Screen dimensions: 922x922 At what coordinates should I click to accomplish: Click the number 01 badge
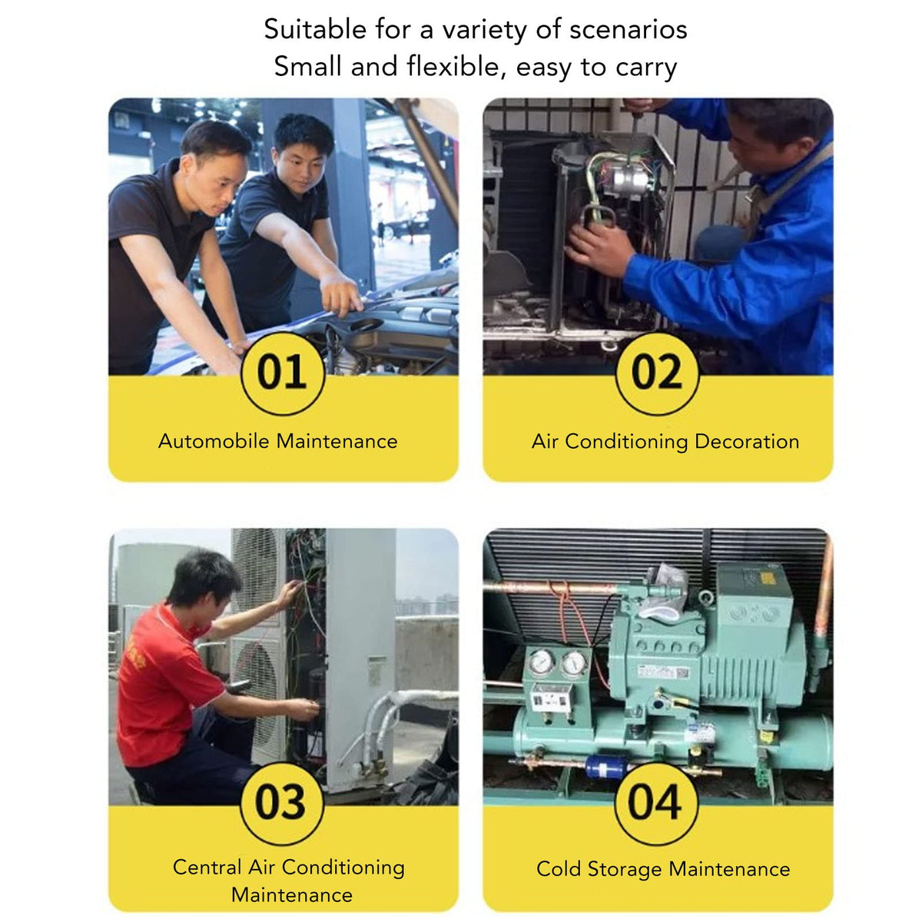point(283,373)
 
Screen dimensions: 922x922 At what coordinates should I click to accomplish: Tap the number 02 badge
point(657,373)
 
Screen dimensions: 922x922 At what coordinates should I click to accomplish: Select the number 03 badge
point(282,803)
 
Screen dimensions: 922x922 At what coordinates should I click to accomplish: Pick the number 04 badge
point(656,803)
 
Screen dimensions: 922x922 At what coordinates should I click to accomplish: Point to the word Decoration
point(747,441)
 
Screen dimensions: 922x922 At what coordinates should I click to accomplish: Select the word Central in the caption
point(207,867)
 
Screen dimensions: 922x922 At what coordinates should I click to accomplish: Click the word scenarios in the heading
point(628,30)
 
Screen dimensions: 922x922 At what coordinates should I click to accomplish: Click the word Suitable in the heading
point(315,29)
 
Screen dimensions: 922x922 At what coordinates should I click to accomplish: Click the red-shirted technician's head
point(205,582)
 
